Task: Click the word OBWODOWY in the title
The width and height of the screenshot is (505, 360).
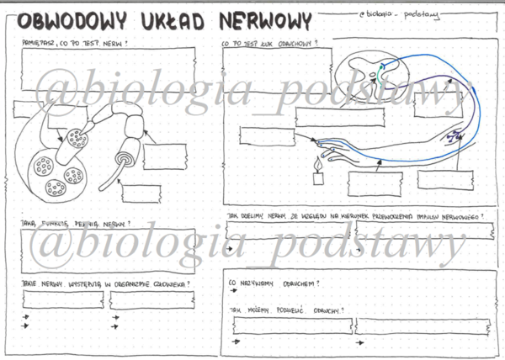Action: click(x=72, y=21)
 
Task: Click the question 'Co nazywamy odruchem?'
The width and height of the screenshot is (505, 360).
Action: click(x=274, y=283)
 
